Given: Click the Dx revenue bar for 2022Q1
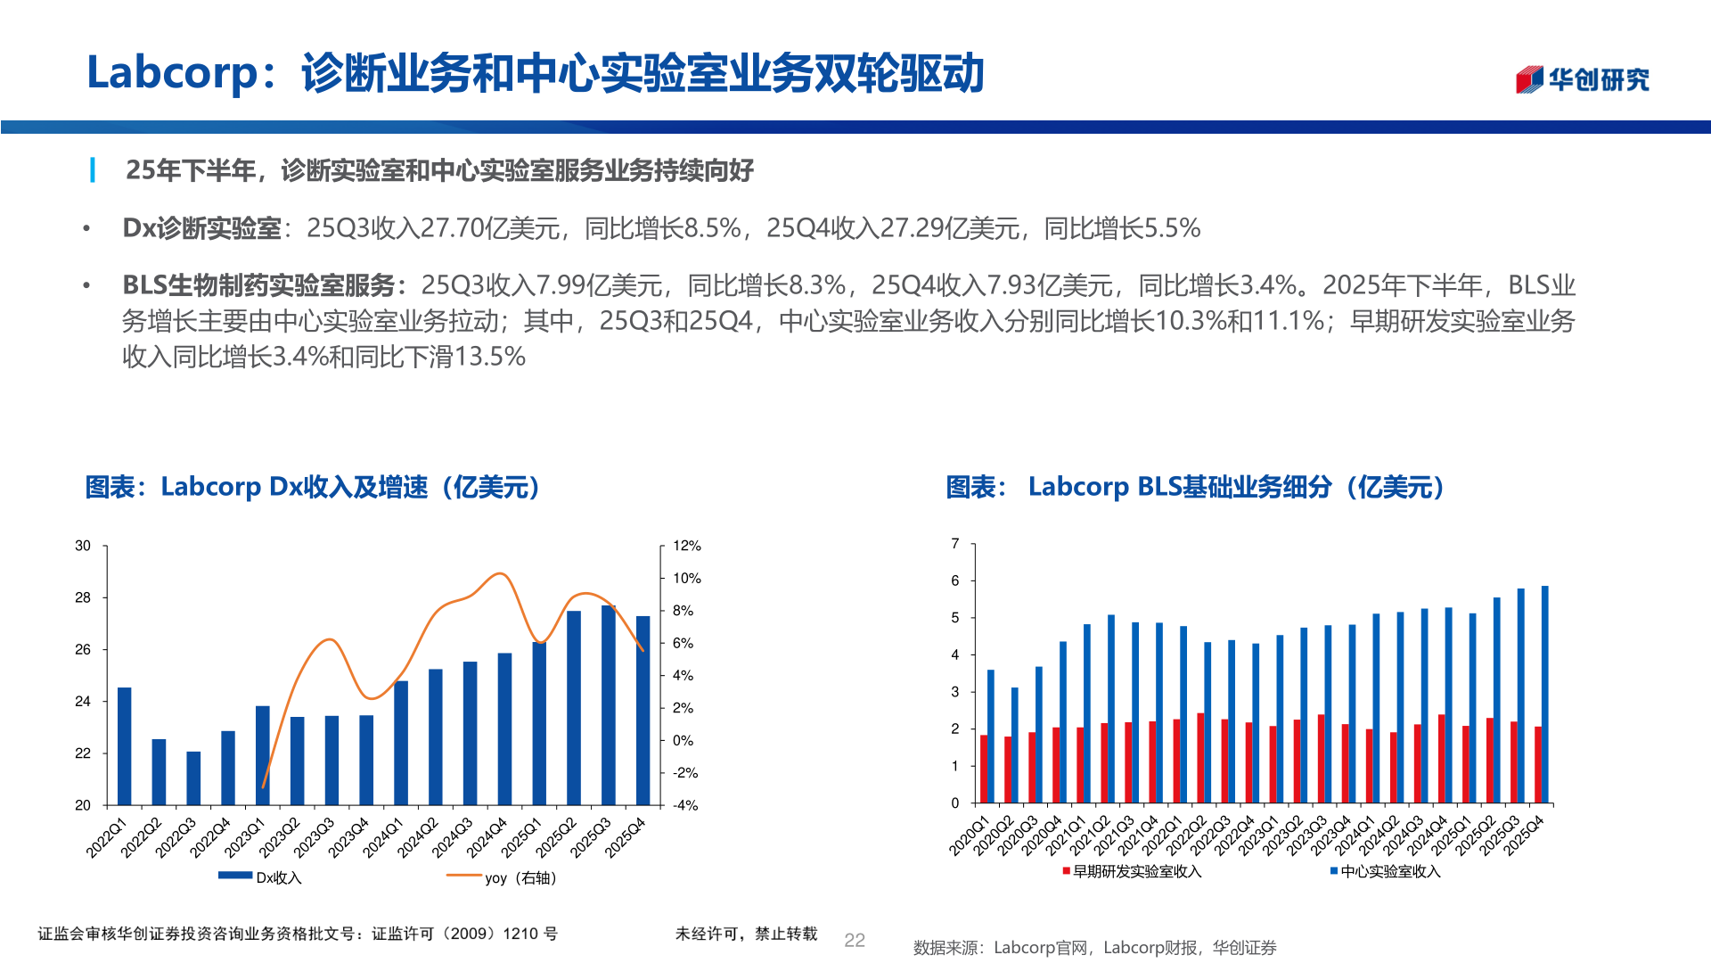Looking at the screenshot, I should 125,747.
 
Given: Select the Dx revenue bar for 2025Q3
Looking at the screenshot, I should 609,706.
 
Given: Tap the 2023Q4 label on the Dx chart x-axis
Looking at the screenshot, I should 350,837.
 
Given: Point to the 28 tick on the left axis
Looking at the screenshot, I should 83,597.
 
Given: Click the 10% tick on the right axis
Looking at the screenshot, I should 686,578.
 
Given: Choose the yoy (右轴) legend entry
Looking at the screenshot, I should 503,877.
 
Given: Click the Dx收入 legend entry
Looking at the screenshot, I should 262,877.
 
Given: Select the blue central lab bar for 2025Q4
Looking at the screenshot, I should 1544,695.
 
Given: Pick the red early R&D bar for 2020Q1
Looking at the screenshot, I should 984,770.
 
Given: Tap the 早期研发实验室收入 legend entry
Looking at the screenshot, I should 1134,871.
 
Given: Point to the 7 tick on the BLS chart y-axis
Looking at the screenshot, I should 955,543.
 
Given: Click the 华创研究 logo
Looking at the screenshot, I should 1583,79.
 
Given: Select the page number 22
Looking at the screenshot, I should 854,940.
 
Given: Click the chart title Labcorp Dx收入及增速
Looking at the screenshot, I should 312,487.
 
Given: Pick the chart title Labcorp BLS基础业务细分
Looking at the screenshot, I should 1194,487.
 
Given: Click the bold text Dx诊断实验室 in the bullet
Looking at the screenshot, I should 202,228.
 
